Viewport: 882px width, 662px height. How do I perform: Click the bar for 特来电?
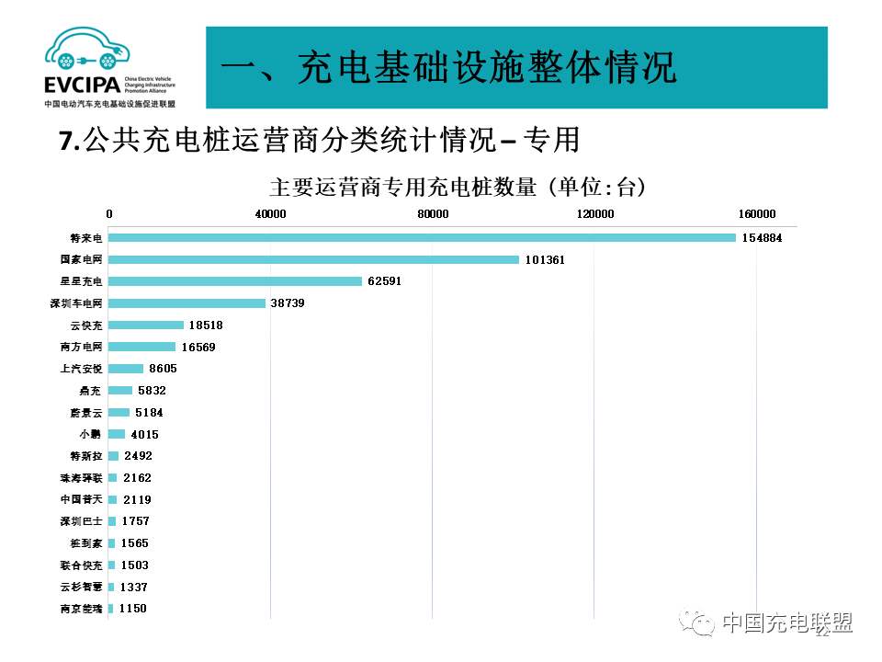click(x=423, y=238)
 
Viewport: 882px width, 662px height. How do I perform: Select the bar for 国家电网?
click(x=314, y=260)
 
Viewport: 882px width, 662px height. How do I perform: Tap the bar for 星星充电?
click(x=235, y=281)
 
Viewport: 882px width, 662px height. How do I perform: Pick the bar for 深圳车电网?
click(x=187, y=303)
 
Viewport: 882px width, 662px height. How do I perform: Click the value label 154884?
click(x=763, y=238)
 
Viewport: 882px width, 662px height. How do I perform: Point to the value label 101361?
click(x=545, y=260)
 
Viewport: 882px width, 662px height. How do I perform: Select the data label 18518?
click(x=206, y=325)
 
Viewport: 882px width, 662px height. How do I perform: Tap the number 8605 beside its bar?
click(x=163, y=369)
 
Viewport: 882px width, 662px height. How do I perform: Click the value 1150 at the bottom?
click(x=133, y=609)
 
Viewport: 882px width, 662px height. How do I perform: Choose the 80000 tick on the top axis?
click(x=433, y=214)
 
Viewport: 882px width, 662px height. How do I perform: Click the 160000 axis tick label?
click(x=757, y=214)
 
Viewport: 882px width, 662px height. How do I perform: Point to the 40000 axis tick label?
click(x=270, y=214)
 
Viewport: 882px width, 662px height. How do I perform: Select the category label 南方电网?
click(x=81, y=347)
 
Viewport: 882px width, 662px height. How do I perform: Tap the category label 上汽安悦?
click(x=81, y=369)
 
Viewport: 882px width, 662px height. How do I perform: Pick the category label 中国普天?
click(x=81, y=499)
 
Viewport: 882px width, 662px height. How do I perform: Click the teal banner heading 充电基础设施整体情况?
click(x=450, y=68)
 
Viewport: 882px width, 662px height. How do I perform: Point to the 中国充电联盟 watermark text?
click(x=786, y=622)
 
